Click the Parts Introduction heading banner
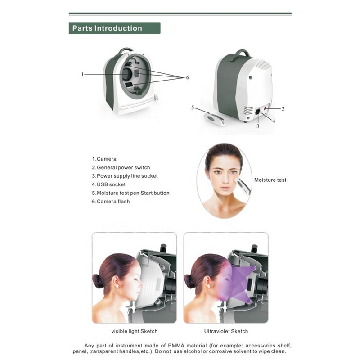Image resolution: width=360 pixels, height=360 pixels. tap(114, 28)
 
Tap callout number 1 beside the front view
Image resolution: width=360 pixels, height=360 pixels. tap(82, 74)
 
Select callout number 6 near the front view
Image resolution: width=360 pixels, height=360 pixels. tap(187, 77)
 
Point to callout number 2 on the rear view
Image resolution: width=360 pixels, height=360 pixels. tap(283, 108)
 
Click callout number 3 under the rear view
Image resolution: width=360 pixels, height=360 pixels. tap(257, 126)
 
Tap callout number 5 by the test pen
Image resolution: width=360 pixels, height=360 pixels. tap(193, 108)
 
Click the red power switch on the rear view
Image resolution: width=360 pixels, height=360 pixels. tap(266, 108)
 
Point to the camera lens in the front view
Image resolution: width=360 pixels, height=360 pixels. tap(127, 74)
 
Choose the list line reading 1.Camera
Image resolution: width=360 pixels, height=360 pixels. tap(104, 159)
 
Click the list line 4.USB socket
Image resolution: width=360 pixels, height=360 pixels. tap(109, 184)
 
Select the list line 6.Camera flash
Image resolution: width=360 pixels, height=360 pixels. tap(111, 202)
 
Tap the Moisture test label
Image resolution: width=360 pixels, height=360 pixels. tap(270, 180)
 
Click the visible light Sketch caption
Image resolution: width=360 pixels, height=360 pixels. tap(134, 331)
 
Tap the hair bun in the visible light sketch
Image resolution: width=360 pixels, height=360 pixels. tap(97, 281)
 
